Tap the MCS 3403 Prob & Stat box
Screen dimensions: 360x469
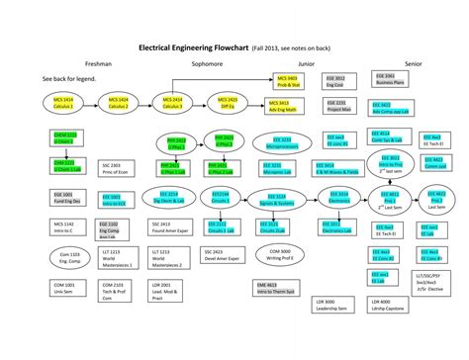pos(288,81)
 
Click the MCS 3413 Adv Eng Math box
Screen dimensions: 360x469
pos(288,106)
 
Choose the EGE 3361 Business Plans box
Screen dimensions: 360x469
pos(385,79)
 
